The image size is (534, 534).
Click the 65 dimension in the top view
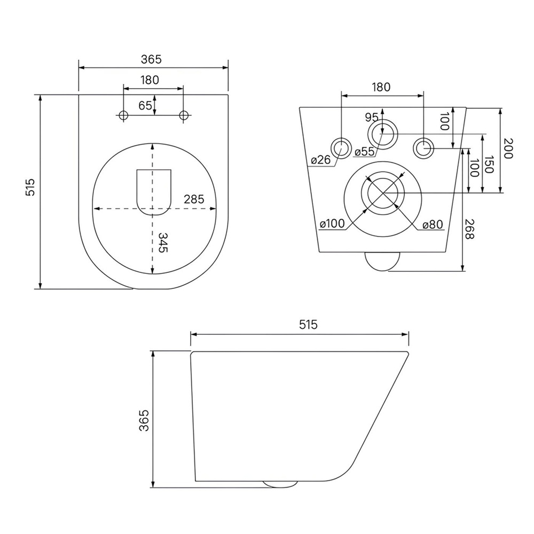point(145,106)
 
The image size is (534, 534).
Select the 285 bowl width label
point(194,199)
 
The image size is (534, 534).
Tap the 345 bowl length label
point(163,242)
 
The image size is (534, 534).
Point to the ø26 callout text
point(321,159)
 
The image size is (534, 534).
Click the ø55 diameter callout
point(364,152)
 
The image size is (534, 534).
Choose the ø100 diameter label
point(332,224)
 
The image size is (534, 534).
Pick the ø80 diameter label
point(433,225)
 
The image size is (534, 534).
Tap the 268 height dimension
point(469,229)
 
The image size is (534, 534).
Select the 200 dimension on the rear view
point(507,148)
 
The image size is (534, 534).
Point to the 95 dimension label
point(372,117)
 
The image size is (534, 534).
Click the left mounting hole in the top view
point(123,115)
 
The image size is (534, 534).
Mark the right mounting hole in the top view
point(184,115)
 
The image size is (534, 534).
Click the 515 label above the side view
point(309,325)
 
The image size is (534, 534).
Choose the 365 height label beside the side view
point(144,421)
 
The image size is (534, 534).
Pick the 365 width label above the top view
point(151,59)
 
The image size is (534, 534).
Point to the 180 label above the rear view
point(381,87)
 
